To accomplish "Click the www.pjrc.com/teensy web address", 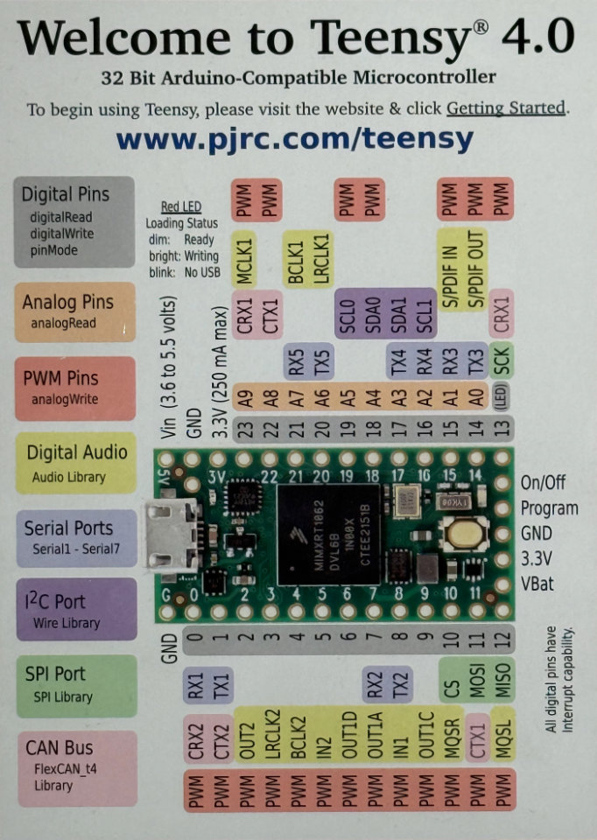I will pyautogui.click(x=295, y=138).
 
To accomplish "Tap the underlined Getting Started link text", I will pyautogui.click(x=505, y=108).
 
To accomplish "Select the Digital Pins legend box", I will pyautogui.click(x=75, y=221).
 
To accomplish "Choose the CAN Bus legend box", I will pyautogui.click(x=75, y=767).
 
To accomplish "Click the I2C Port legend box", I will pyautogui.click(x=75, y=609).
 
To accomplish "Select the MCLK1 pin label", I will pyautogui.click(x=244, y=260).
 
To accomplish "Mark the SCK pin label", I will pyautogui.click(x=502, y=360).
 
